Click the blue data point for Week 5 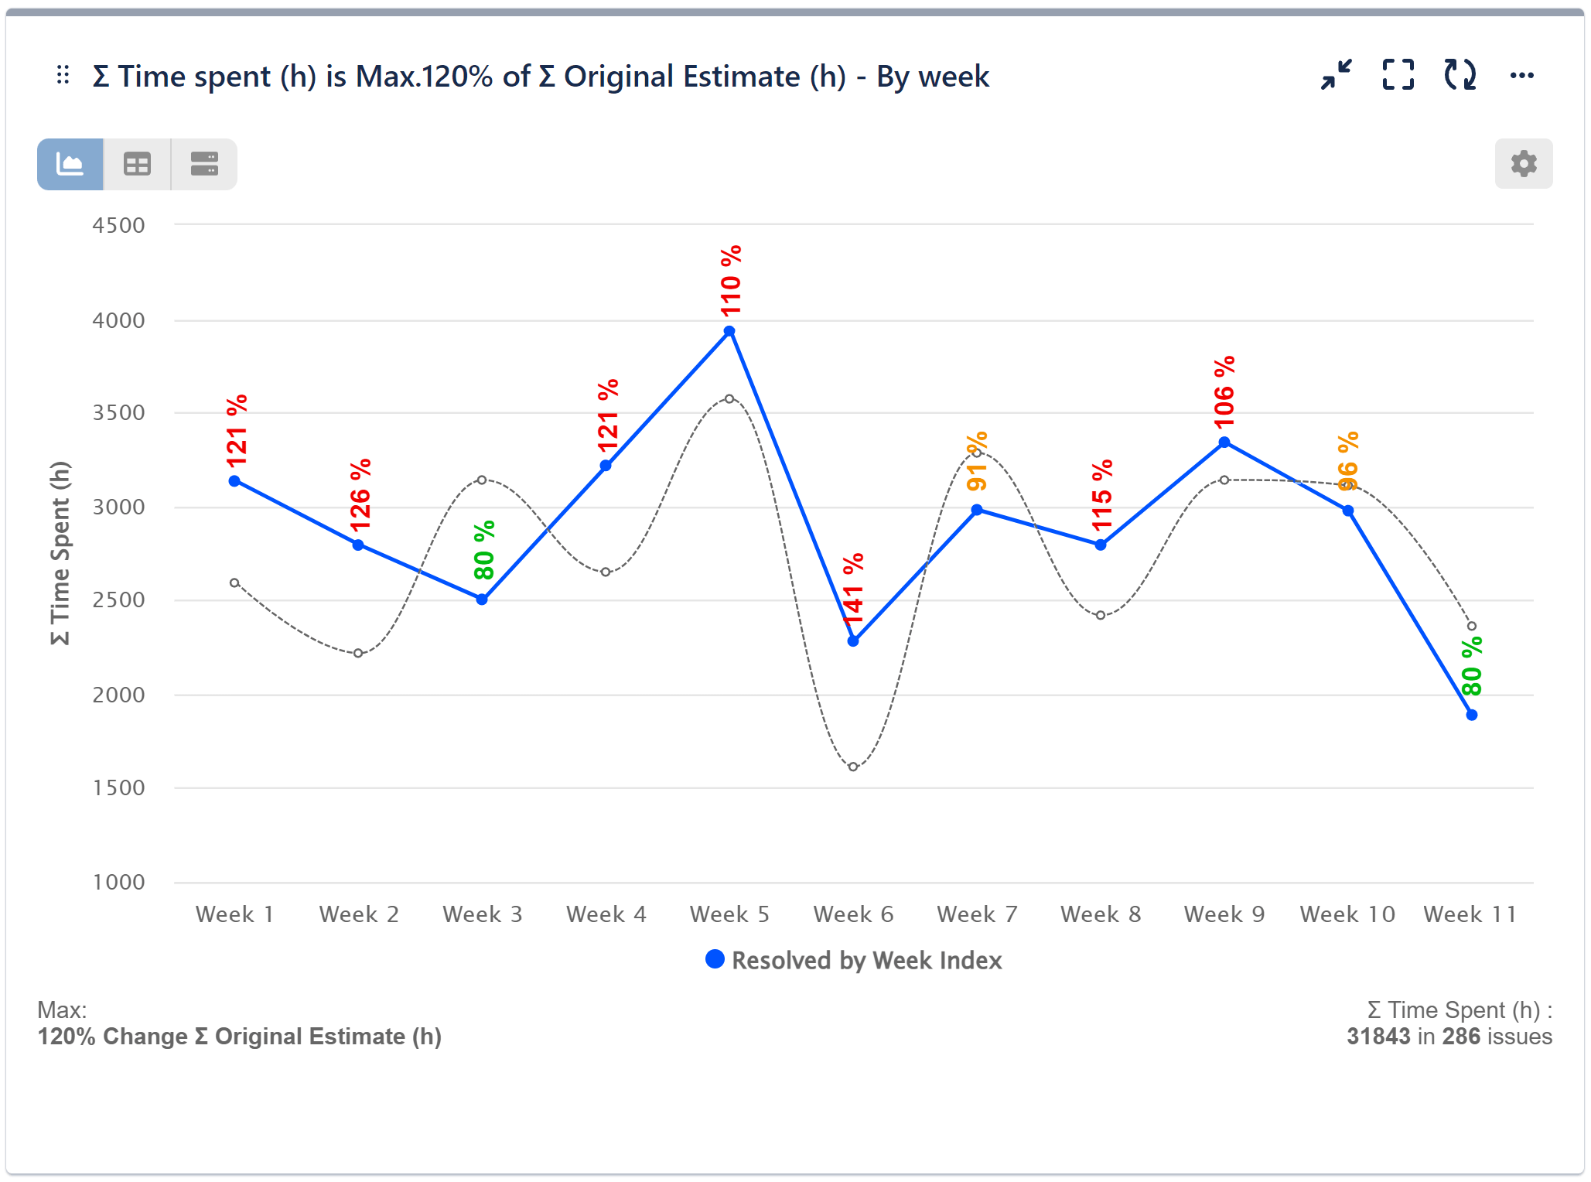click(x=729, y=332)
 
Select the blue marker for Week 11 click(x=1472, y=716)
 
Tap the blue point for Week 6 click(x=853, y=641)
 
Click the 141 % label click(x=853, y=589)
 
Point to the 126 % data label click(x=360, y=495)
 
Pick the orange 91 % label click(x=977, y=462)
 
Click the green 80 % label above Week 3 click(x=484, y=550)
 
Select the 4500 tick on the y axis click(x=118, y=225)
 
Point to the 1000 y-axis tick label click(x=118, y=882)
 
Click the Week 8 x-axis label click(x=1101, y=914)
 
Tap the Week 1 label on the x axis click(x=234, y=914)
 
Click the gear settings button click(x=1523, y=164)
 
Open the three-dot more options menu click(x=1521, y=76)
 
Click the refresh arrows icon click(x=1460, y=76)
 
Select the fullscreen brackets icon click(x=1398, y=76)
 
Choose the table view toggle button click(x=137, y=164)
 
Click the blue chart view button click(x=70, y=164)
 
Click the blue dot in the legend click(x=715, y=960)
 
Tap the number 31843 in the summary click(x=1378, y=1037)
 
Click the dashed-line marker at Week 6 click(x=853, y=767)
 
